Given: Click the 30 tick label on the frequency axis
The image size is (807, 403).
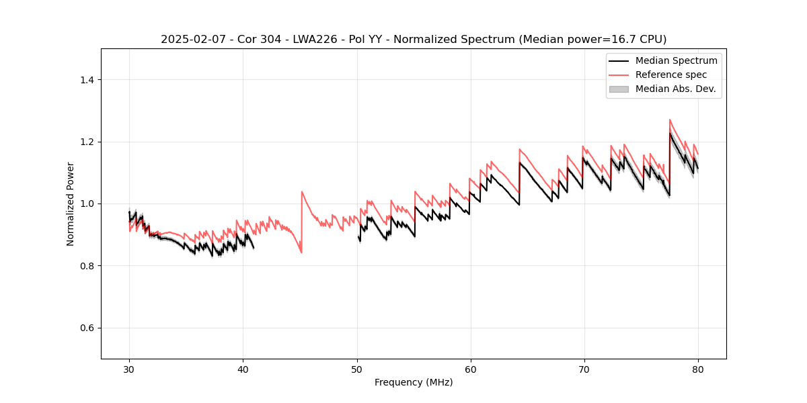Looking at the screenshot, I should pyautogui.click(x=129, y=369).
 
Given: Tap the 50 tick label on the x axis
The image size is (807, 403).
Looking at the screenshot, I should pyautogui.click(x=357, y=369).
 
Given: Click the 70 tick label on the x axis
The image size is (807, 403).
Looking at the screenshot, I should pyautogui.click(x=584, y=369).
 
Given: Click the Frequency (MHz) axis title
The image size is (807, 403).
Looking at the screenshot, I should pyautogui.click(x=414, y=382).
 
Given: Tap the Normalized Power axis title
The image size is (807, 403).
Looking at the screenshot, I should pyautogui.click(x=71, y=204).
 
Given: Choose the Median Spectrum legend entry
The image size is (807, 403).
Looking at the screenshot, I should pyautogui.click(x=676, y=60).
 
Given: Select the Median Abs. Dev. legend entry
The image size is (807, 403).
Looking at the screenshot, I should pyautogui.click(x=675, y=89).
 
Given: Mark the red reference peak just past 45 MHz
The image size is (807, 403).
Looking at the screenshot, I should pyautogui.click(x=302, y=191).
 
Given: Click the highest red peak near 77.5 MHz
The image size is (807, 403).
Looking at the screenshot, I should pyautogui.click(x=670, y=120).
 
